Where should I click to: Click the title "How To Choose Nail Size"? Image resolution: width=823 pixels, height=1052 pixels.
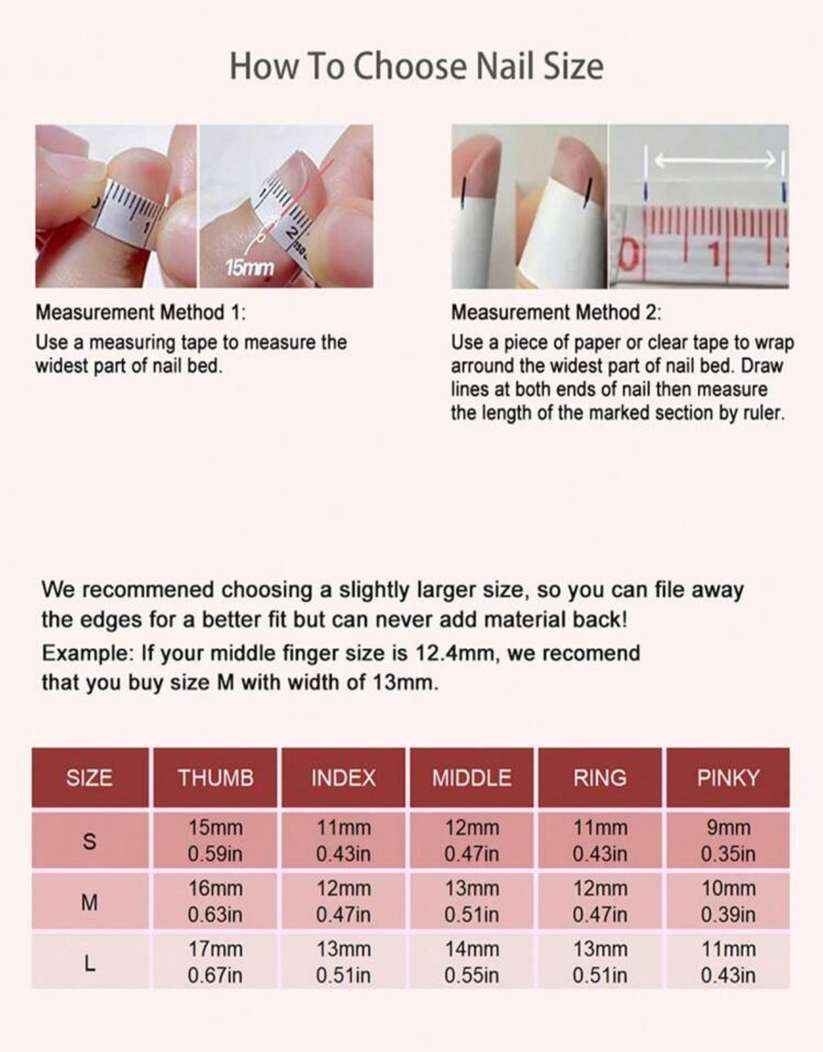[x=416, y=67]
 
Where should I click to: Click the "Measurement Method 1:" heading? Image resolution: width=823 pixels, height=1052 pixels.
[x=141, y=313]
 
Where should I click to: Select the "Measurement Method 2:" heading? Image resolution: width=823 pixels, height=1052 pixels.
[x=556, y=313]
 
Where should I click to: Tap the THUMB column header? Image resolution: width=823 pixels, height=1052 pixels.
[x=215, y=778]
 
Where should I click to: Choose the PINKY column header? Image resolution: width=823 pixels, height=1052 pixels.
[x=727, y=778]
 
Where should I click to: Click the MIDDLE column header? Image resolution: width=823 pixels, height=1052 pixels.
[x=472, y=778]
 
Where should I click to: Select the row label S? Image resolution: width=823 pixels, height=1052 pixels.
[x=89, y=842]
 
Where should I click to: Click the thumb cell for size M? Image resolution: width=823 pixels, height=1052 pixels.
[x=215, y=902]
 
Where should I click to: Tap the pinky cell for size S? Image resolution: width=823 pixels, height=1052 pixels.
[x=727, y=841]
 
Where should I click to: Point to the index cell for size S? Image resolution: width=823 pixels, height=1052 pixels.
[x=344, y=841]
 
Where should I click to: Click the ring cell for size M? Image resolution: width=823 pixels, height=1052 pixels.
[x=600, y=902]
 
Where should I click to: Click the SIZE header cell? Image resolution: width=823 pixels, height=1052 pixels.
[x=89, y=778]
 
